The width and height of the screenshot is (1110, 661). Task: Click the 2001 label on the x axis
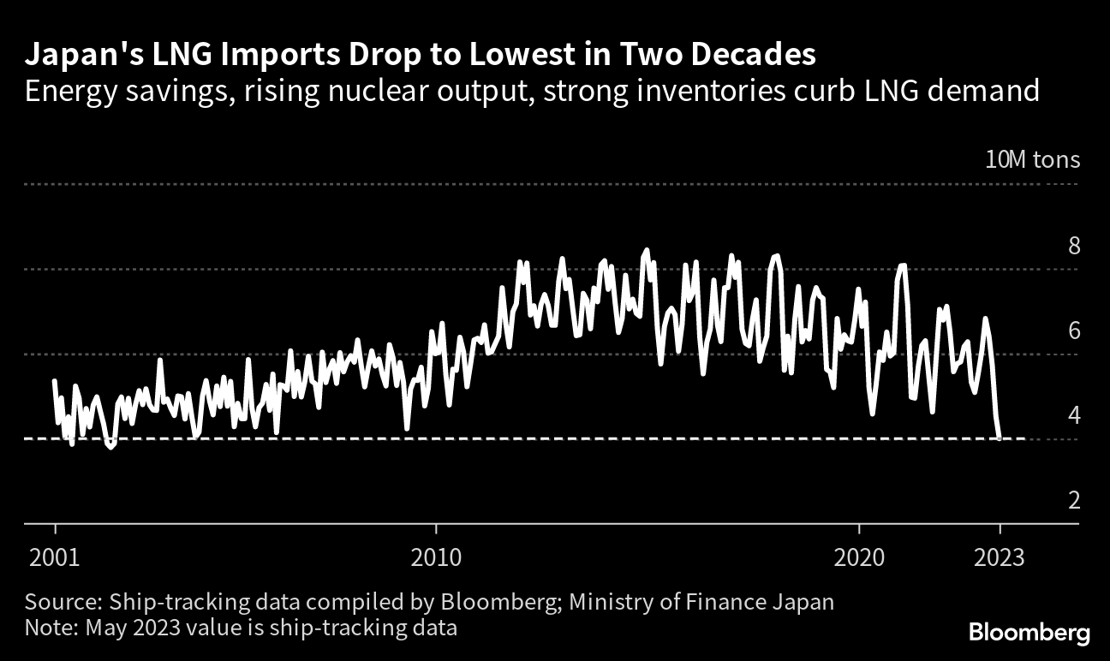click(x=55, y=557)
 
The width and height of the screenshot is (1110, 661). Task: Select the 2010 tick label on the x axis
click(x=436, y=557)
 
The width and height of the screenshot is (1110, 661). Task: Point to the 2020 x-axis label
click(x=860, y=557)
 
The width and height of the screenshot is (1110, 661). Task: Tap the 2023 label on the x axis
click(x=1000, y=557)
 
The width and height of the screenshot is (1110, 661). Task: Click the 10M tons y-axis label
click(x=1032, y=160)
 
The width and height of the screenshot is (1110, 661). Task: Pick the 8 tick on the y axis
click(x=1073, y=246)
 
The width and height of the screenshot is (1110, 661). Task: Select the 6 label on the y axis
click(x=1073, y=330)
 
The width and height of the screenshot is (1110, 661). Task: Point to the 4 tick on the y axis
click(x=1073, y=415)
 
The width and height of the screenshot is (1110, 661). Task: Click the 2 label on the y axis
click(x=1073, y=500)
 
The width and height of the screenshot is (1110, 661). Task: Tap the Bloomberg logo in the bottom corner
click(x=1029, y=634)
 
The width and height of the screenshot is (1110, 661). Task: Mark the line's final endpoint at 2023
click(x=1000, y=438)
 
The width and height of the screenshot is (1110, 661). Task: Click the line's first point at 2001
click(x=55, y=381)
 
